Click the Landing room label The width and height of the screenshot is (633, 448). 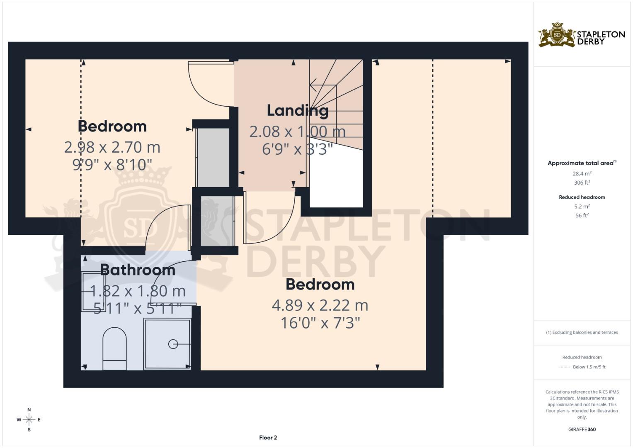pos(297,111)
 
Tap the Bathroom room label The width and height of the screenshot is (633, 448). pos(138,270)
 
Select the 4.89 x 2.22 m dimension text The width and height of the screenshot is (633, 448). pos(320,306)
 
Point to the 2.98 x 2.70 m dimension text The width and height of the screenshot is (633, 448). pos(112,147)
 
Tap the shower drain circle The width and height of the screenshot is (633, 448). pos(173,344)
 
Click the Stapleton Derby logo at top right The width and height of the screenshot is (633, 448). pos(581,35)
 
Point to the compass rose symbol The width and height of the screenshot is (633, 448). pos(29,420)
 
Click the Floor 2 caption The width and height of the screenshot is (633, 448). pos(268,438)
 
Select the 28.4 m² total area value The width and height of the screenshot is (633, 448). pos(582,174)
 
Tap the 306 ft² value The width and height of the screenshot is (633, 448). pos(582,183)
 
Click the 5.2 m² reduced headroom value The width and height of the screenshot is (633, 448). pos(582,206)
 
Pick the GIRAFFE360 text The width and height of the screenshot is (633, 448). pos(582,429)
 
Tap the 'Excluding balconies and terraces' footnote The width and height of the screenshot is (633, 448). pos(582,332)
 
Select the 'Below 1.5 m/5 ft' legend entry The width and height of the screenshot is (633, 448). pos(589,367)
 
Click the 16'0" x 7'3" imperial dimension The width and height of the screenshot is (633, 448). pos(320,323)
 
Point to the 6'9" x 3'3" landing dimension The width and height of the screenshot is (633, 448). pos(297,149)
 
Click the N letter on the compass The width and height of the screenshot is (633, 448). pos(29,409)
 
